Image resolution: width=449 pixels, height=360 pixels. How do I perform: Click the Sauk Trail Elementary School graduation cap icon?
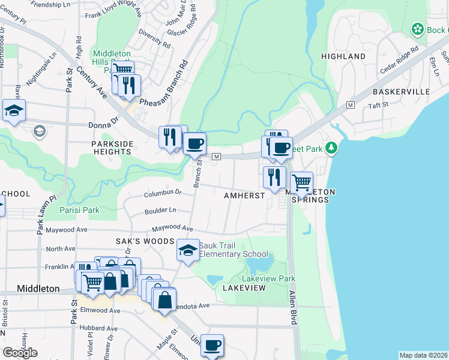188,250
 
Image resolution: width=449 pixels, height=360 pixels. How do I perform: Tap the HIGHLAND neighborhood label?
343,56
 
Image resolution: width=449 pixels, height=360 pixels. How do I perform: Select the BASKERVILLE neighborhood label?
401,92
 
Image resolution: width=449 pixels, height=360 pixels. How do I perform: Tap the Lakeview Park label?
268,279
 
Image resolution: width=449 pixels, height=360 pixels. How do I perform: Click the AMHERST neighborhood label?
244,196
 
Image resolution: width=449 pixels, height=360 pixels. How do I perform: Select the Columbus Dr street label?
163,193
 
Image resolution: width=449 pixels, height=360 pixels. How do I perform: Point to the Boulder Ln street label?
160,211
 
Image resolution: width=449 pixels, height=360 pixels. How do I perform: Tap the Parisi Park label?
79,211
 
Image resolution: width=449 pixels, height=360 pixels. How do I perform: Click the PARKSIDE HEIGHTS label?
111,148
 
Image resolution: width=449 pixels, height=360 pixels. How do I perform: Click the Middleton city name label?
38,289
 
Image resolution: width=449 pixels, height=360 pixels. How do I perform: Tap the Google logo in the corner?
20,353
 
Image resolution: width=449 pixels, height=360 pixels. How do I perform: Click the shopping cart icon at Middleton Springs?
301,182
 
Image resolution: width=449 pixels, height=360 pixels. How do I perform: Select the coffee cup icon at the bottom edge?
212,346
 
